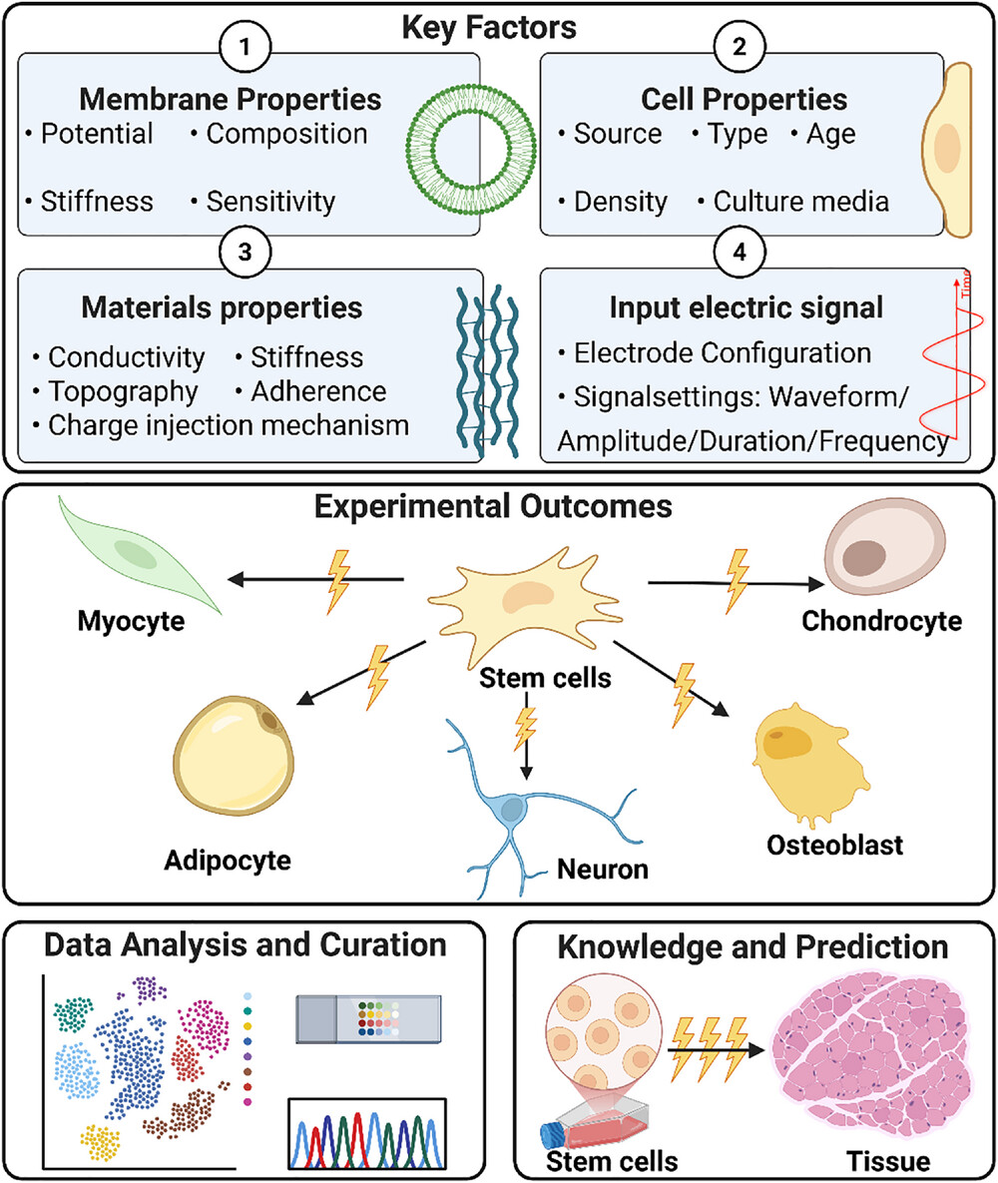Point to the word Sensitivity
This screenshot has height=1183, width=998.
pos(270,201)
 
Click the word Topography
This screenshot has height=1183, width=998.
pos(123,390)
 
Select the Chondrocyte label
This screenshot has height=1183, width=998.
pos(882,622)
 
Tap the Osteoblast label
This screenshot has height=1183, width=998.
pos(835,846)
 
